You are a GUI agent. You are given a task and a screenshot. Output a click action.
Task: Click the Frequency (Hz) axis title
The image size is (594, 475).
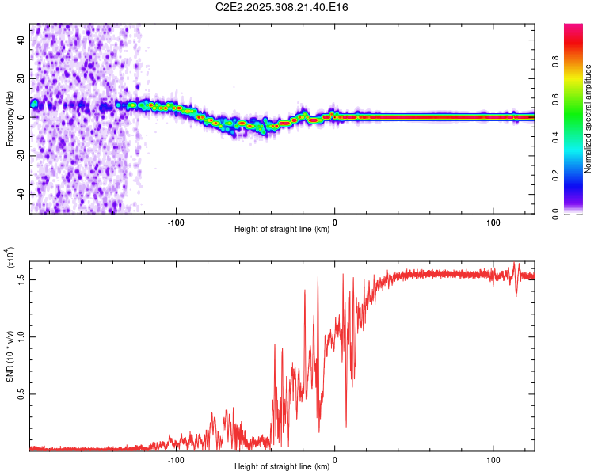tap(10, 119)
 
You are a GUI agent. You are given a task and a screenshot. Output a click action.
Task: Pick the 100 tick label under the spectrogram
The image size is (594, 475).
tap(493, 221)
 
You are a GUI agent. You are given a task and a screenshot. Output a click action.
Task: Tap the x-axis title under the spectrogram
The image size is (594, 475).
tap(282, 230)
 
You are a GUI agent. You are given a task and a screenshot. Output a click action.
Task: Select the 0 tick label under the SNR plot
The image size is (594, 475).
tap(334, 458)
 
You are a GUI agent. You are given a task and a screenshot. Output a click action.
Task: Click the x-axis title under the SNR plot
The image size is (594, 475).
tap(282, 467)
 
